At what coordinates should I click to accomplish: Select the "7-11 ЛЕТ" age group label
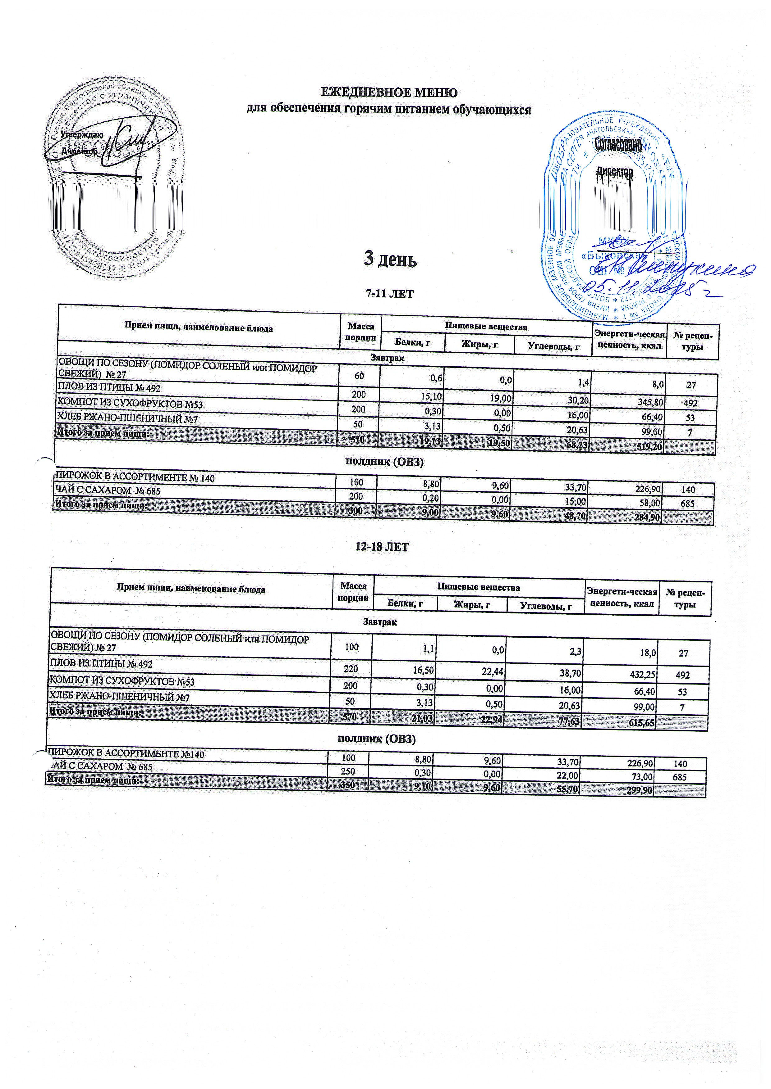point(389,294)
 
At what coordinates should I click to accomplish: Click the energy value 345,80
point(650,403)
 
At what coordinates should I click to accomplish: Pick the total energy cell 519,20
point(648,447)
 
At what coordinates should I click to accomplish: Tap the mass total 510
point(357,440)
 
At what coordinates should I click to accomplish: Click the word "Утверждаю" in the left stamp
point(82,135)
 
